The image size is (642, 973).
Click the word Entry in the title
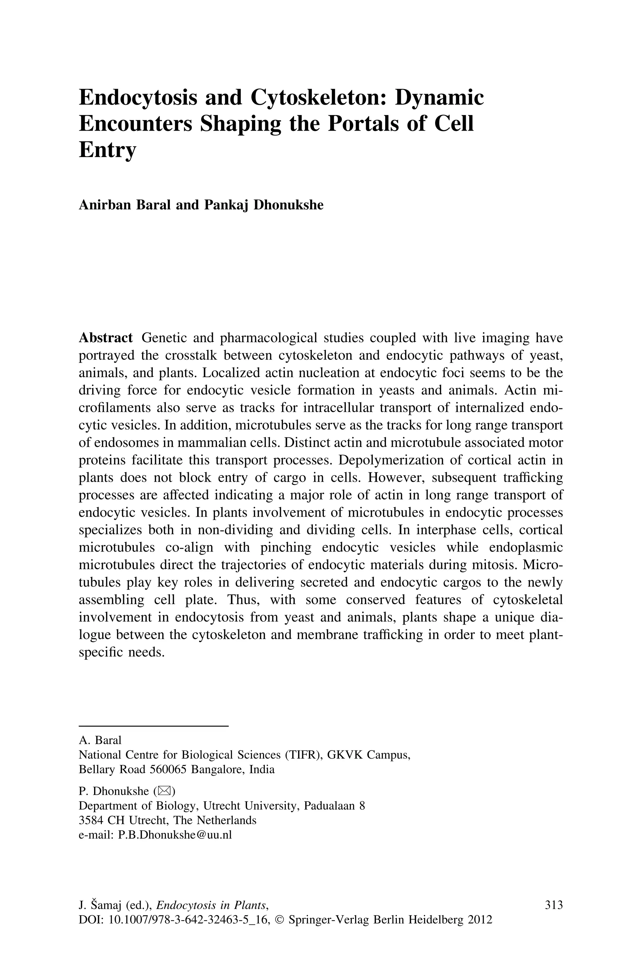coord(107,150)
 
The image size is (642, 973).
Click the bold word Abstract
coord(106,338)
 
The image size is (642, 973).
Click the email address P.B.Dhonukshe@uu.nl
coord(175,835)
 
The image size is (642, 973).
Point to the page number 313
coord(554,905)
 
